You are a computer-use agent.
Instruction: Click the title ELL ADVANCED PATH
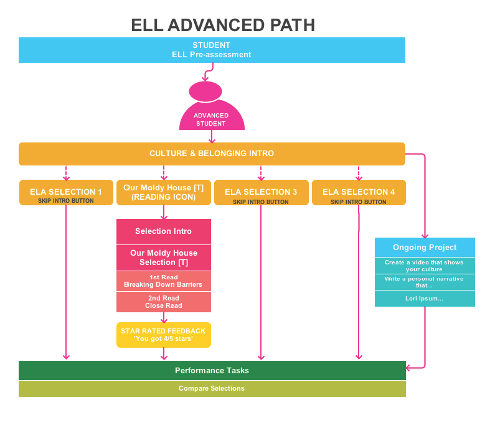[x=222, y=25]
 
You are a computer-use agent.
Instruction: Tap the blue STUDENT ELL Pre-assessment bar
[x=212, y=50]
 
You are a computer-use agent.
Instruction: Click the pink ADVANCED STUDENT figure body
[x=211, y=118]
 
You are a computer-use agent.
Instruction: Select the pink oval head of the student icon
[x=205, y=91]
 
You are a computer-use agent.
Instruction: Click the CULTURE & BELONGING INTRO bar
[x=212, y=154]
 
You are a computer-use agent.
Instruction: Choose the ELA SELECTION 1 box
[x=66, y=192]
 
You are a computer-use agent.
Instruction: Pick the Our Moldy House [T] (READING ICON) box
[x=164, y=192]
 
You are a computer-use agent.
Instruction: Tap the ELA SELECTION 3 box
[x=261, y=192]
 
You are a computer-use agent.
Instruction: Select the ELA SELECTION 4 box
[x=359, y=192]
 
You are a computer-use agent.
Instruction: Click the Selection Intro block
[x=164, y=231]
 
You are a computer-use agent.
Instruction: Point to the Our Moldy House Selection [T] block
[x=164, y=258]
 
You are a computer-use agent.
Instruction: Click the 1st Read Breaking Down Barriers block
[x=164, y=281]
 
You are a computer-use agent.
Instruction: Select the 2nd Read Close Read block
[x=164, y=302]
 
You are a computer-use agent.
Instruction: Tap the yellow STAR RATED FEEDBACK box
[x=164, y=335]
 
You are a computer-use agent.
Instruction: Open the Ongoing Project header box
[x=425, y=247]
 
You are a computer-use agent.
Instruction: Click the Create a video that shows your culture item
[x=425, y=266]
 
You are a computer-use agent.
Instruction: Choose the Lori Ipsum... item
[x=425, y=299]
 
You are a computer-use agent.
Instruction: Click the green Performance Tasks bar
[x=212, y=370]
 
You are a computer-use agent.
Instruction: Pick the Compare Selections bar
[x=212, y=388]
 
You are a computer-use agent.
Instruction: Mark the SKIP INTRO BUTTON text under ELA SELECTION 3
[x=261, y=202]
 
